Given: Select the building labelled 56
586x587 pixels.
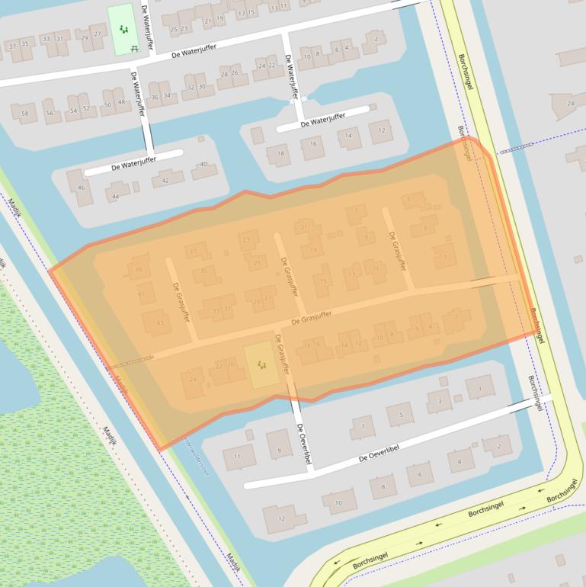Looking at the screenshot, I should coord(50,113).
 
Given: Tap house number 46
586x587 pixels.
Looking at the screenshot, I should coord(81,188).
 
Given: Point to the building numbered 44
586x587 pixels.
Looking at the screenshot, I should coord(116,196).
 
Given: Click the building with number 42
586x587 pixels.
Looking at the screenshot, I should coord(165,181).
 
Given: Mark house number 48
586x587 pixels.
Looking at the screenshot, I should coord(121,102).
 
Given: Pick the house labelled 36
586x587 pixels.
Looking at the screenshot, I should coord(155,97).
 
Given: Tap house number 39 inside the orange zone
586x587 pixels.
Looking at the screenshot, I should coord(138,270).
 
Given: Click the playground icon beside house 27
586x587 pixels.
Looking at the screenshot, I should coord(123,30).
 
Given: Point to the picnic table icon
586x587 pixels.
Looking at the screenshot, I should coord(134,48).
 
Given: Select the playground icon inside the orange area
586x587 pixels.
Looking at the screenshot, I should coord(261,365).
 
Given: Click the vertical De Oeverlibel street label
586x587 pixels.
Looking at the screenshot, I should coord(303,444).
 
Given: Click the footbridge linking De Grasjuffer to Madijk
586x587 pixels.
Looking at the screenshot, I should coord(130,361).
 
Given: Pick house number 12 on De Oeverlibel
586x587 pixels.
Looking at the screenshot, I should coord(280,519).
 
